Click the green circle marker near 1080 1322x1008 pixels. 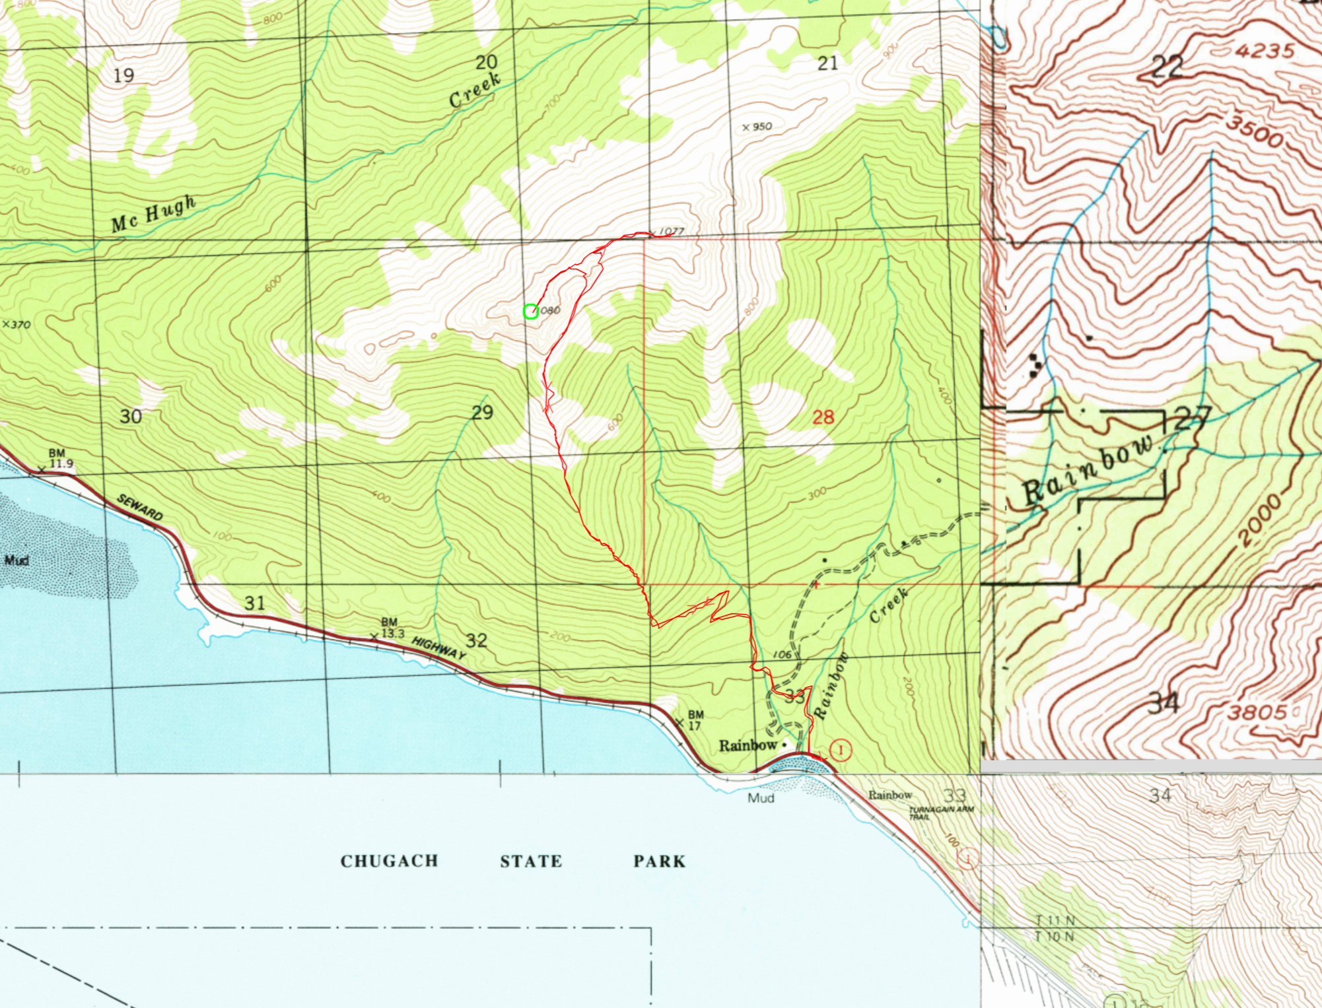pyautogui.click(x=530, y=312)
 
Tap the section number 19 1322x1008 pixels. pyautogui.click(x=123, y=76)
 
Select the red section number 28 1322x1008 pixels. pyautogui.click(x=823, y=417)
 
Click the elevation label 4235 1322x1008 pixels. pyautogui.click(x=1264, y=51)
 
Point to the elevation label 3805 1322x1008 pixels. pyautogui.click(x=1257, y=712)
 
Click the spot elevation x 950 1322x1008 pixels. pyautogui.click(x=757, y=127)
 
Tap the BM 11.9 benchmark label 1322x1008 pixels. pyautogui.click(x=58, y=459)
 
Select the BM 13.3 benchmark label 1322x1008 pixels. pyautogui.click(x=390, y=628)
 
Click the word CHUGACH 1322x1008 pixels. pyautogui.click(x=389, y=861)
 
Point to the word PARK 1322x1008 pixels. pyautogui.click(x=659, y=861)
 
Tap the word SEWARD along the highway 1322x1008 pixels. pyautogui.click(x=139, y=507)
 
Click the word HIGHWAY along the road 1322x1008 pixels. pyautogui.click(x=438, y=648)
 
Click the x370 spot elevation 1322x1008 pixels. pyautogui.click(x=17, y=325)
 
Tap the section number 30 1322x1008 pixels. pyautogui.click(x=130, y=417)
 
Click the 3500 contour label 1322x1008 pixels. pyautogui.click(x=1254, y=132)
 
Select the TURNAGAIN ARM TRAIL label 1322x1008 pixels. pyautogui.click(x=940, y=813)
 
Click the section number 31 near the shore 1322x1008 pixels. pyautogui.click(x=255, y=603)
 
